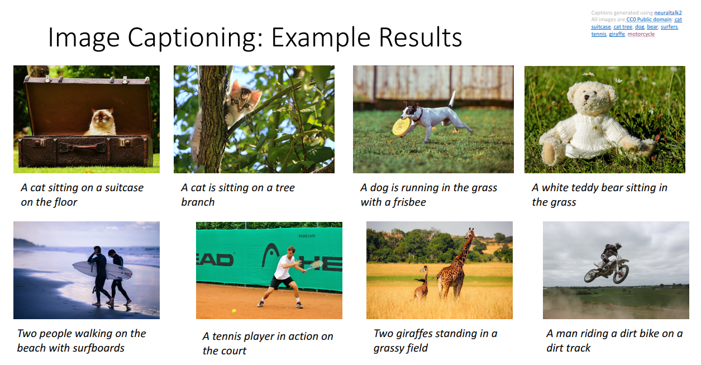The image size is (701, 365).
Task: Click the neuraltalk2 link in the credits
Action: coord(668,12)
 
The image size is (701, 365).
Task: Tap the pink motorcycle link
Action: coord(641,34)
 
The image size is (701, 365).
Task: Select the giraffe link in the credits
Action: coord(617,34)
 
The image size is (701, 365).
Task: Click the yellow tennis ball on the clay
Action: coord(234,311)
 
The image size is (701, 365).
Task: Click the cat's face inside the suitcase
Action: coord(103,117)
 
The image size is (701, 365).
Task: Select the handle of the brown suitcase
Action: coord(82,146)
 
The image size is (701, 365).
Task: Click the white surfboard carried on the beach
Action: coord(102,270)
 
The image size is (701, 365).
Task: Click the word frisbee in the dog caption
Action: coord(409,202)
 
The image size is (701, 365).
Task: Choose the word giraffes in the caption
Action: coord(419,334)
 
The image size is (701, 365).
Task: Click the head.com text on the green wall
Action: coord(307,236)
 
